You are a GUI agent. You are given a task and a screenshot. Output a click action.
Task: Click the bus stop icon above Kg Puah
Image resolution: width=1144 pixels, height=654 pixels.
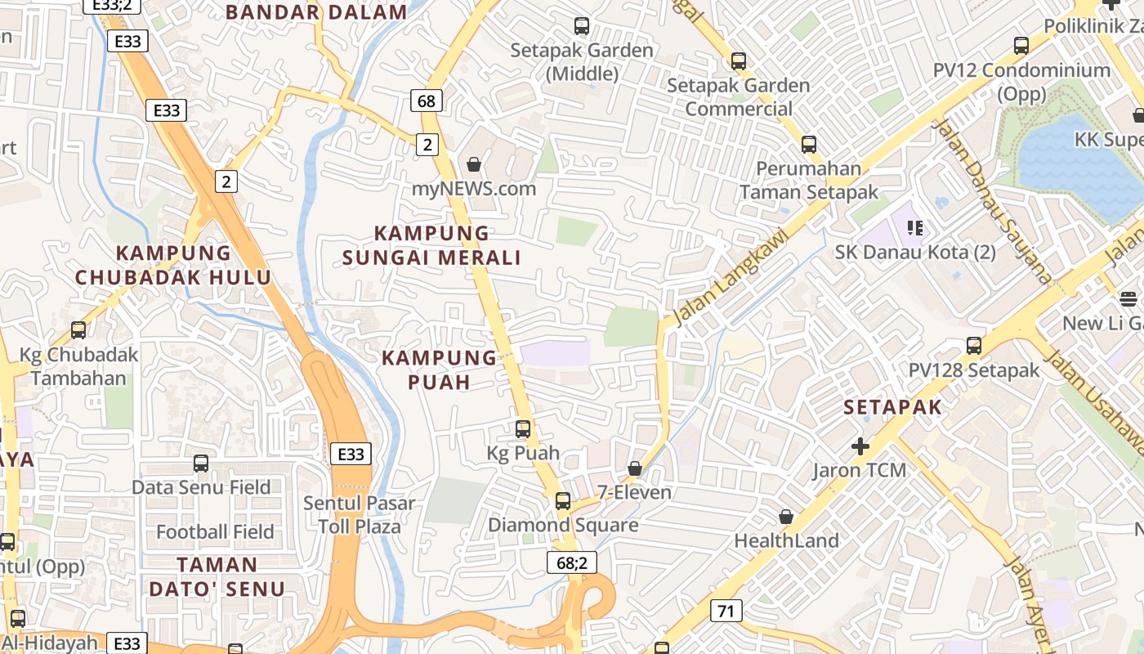click(523, 428)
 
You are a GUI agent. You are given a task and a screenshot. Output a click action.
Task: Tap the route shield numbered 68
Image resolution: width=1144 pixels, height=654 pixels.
click(426, 101)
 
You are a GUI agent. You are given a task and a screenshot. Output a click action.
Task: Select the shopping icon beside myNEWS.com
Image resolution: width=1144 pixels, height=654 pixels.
click(473, 165)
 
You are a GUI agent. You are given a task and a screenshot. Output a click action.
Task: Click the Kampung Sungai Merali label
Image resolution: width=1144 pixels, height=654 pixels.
click(431, 245)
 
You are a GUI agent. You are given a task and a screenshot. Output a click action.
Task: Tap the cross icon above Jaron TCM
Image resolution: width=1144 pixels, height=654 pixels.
click(860, 446)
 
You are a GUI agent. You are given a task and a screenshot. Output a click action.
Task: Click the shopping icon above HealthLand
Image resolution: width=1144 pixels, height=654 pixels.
click(786, 517)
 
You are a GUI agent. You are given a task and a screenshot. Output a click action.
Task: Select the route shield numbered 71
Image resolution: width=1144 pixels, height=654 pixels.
click(726, 610)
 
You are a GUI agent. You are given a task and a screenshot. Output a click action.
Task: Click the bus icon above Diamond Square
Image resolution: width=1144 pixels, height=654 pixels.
click(563, 501)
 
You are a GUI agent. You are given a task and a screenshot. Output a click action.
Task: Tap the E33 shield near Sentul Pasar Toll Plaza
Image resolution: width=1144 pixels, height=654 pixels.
click(351, 454)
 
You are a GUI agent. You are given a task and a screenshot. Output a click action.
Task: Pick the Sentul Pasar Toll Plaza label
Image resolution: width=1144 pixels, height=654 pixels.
click(360, 514)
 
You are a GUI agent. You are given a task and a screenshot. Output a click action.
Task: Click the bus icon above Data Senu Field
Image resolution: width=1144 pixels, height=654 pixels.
click(201, 464)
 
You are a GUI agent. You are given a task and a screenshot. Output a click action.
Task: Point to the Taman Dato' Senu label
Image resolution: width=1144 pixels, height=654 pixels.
click(217, 576)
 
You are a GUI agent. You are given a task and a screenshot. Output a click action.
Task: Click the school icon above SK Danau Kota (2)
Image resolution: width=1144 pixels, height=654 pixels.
click(915, 228)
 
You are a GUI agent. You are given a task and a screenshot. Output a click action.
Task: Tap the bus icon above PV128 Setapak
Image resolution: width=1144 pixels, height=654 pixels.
click(974, 346)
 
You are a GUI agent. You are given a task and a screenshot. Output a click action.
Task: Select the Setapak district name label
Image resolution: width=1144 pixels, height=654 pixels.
click(892, 407)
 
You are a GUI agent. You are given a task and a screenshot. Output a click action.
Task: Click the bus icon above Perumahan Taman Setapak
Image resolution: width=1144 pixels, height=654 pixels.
click(809, 145)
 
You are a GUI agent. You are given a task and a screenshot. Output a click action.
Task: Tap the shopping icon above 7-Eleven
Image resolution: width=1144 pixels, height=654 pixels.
click(634, 468)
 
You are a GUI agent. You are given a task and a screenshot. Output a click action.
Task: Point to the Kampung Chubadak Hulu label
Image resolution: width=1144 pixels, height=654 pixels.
click(173, 265)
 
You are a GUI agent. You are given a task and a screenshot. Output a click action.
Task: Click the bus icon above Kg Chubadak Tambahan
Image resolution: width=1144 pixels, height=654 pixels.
click(78, 330)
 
